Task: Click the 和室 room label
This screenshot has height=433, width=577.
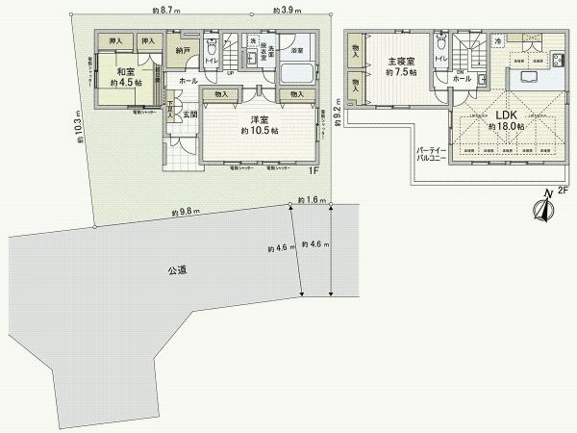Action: [124, 72]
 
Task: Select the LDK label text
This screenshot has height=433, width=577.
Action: [506, 114]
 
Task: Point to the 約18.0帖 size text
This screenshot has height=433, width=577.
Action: [506, 126]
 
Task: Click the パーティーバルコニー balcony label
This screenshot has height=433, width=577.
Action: [431, 157]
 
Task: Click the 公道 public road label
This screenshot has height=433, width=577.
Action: [173, 270]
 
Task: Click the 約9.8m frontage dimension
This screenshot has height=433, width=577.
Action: [186, 211]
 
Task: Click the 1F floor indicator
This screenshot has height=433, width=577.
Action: [313, 171]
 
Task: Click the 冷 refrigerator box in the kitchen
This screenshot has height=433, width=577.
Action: [497, 40]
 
